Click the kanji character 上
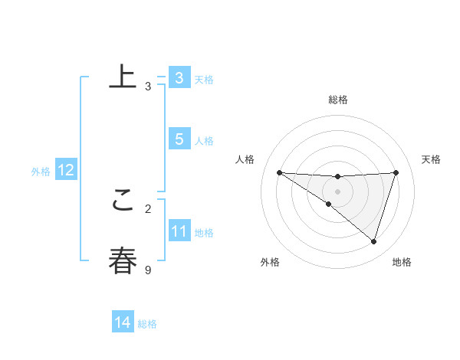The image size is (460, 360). [x=123, y=77]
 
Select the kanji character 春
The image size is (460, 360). [x=123, y=260]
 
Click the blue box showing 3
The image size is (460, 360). [x=179, y=78]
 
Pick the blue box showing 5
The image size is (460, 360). [x=179, y=139]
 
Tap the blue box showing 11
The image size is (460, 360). [x=179, y=231]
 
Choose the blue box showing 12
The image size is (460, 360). [x=65, y=171]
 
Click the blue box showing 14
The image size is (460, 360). [x=123, y=323]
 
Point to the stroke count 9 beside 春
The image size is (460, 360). [x=148, y=270]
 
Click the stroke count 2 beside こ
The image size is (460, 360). [x=148, y=208]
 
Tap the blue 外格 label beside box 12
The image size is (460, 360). [x=41, y=172]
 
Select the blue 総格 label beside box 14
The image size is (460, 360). [x=147, y=324]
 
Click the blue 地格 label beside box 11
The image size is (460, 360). [x=204, y=233]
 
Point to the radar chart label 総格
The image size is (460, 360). [x=337, y=100]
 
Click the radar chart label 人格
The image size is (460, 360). [x=245, y=159]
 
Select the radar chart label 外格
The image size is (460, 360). [x=270, y=262]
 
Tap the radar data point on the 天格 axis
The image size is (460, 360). [x=396, y=172]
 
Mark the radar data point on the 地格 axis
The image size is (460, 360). [x=374, y=242]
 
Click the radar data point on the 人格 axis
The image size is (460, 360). [x=279, y=172]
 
